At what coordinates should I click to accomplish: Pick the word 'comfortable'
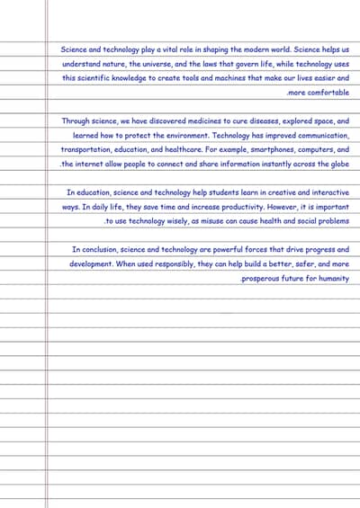(x=326, y=93)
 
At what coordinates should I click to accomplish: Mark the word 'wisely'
(x=170, y=220)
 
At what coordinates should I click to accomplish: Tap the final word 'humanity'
(x=331, y=279)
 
